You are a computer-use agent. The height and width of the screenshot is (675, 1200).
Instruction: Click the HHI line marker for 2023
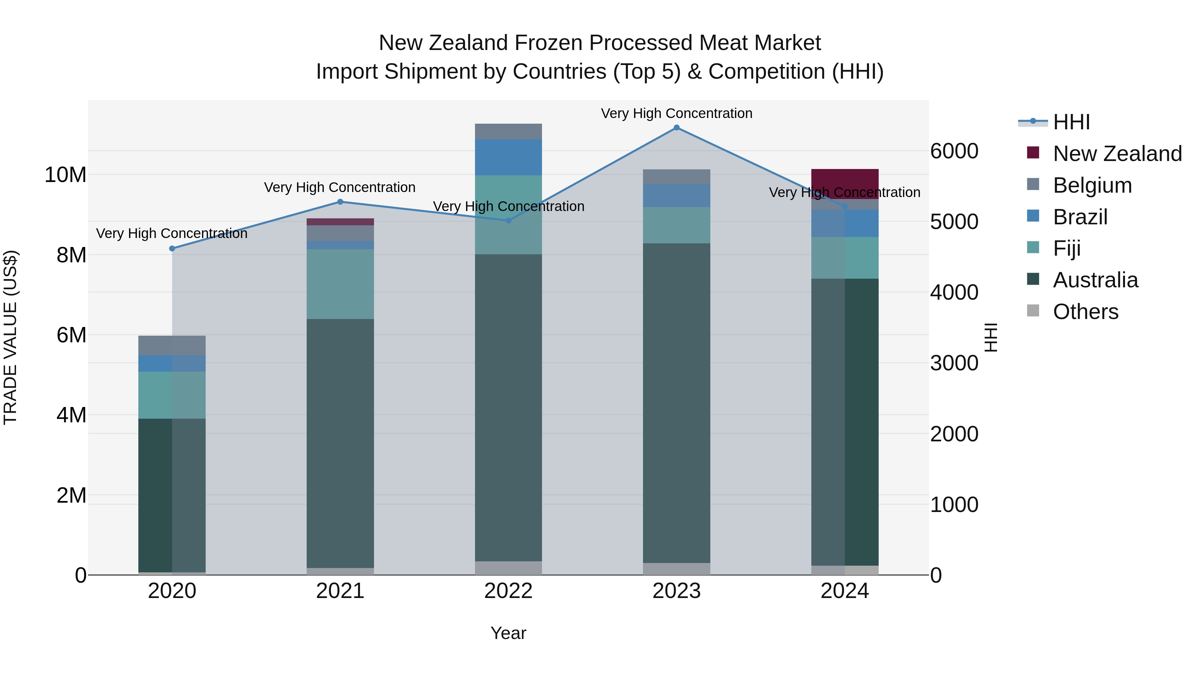click(x=676, y=128)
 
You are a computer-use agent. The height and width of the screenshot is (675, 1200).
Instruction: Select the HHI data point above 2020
click(x=172, y=248)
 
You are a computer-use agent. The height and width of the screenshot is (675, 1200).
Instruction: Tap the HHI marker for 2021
click(x=340, y=202)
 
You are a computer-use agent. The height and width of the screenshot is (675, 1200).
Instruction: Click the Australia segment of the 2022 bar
click(x=508, y=408)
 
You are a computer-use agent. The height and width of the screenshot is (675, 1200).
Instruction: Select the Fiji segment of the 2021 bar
click(x=340, y=284)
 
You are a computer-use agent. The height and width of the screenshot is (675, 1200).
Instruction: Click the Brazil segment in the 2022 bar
click(x=508, y=157)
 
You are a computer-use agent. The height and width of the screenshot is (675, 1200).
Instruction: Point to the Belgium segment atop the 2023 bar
click(x=676, y=177)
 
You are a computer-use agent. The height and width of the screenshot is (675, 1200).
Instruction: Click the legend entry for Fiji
click(x=1066, y=248)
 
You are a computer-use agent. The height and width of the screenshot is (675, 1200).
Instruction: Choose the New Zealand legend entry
click(x=1117, y=154)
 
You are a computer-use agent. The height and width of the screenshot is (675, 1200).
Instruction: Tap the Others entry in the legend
click(x=1085, y=312)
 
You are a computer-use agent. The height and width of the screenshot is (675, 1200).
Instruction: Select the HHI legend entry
click(x=1071, y=122)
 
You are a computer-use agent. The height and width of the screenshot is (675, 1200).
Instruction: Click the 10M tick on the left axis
click(x=65, y=175)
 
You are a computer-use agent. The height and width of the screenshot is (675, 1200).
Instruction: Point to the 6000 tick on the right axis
click(x=954, y=151)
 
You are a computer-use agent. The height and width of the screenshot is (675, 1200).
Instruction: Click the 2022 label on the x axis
click(x=508, y=591)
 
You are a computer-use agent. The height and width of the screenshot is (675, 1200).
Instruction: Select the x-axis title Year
click(x=508, y=633)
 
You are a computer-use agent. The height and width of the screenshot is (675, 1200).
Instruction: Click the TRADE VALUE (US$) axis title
click(x=10, y=337)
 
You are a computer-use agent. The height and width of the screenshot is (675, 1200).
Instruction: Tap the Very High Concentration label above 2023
click(x=676, y=113)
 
